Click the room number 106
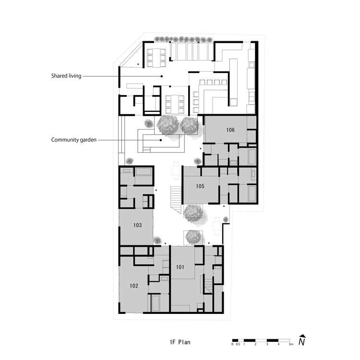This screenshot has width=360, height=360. [230, 130]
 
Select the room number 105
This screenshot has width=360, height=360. [200, 186]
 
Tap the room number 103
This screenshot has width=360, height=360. [138, 225]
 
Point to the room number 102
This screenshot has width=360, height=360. [134, 286]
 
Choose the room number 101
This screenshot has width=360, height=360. [180, 267]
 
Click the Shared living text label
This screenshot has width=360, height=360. [66, 76]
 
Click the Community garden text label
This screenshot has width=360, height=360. [74, 140]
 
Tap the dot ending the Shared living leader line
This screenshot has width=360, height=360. [162, 76]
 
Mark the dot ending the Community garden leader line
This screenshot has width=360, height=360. [161, 140]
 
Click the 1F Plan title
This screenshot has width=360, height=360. [180, 342]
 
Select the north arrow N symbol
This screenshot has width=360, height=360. [302, 340]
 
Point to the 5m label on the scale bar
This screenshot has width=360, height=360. [291, 344]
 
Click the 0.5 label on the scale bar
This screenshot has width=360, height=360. [238, 344]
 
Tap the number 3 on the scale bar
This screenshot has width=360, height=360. [267, 344]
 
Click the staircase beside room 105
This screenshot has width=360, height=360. [176, 200]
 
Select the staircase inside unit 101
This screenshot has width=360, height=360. [208, 286]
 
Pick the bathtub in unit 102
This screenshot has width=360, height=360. [155, 302]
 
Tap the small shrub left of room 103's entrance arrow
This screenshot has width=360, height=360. [157, 240]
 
